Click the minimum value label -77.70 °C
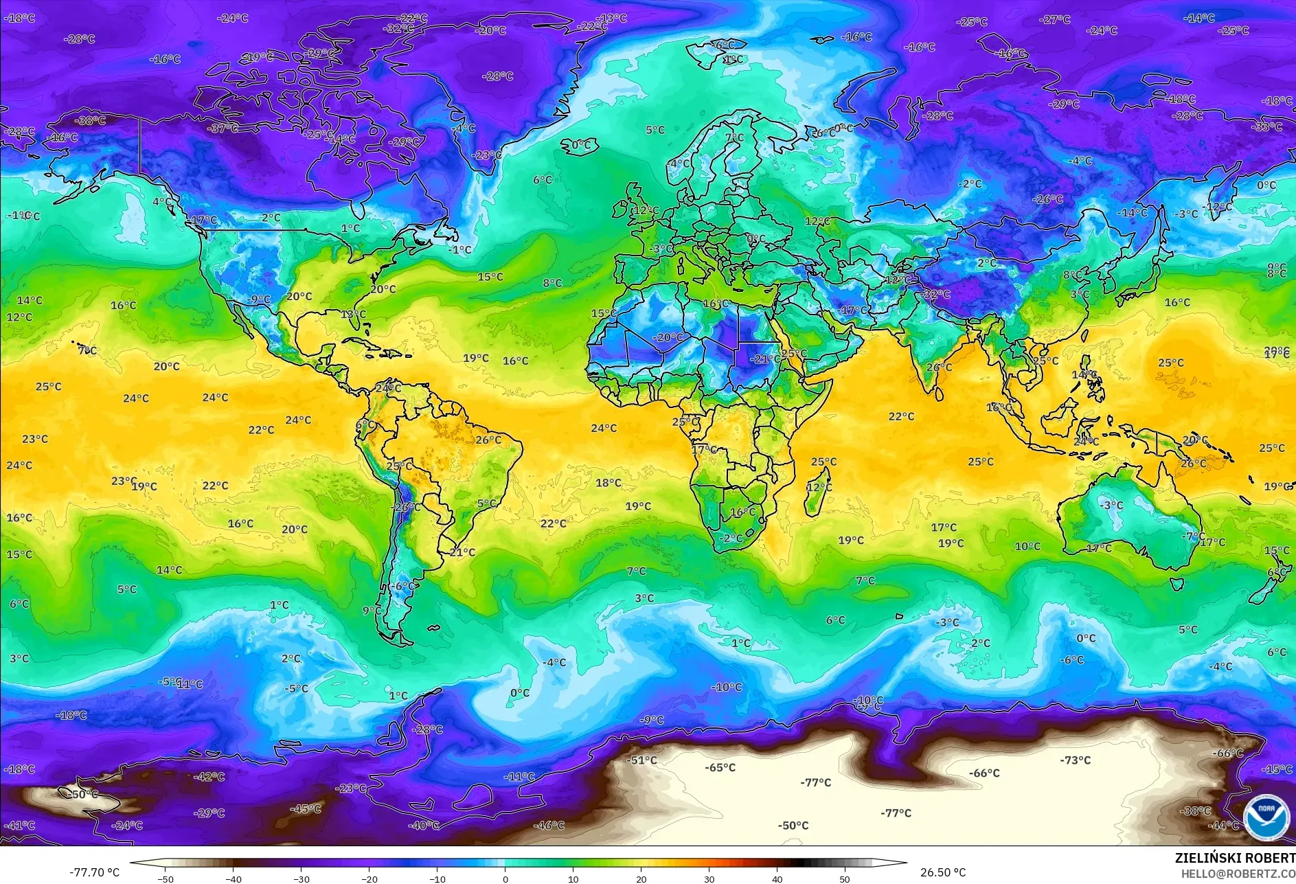click(94, 872)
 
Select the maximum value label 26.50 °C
click(942, 872)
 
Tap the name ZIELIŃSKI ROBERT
click(1234, 858)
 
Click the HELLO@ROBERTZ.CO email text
click(1238, 873)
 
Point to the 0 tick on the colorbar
click(505, 879)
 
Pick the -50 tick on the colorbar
click(165, 879)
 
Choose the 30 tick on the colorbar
click(709, 879)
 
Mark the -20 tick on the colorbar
click(370, 879)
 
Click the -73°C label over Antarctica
click(1075, 760)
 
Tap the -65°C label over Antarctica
click(720, 767)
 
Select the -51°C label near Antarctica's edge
click(642, 760)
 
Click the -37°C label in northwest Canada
click(223, 128)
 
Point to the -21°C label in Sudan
click(764, 359)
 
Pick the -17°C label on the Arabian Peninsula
click(853, 310)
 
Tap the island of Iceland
click(580, 145)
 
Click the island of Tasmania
click(1176, 584)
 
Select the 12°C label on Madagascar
click(818, 487)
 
